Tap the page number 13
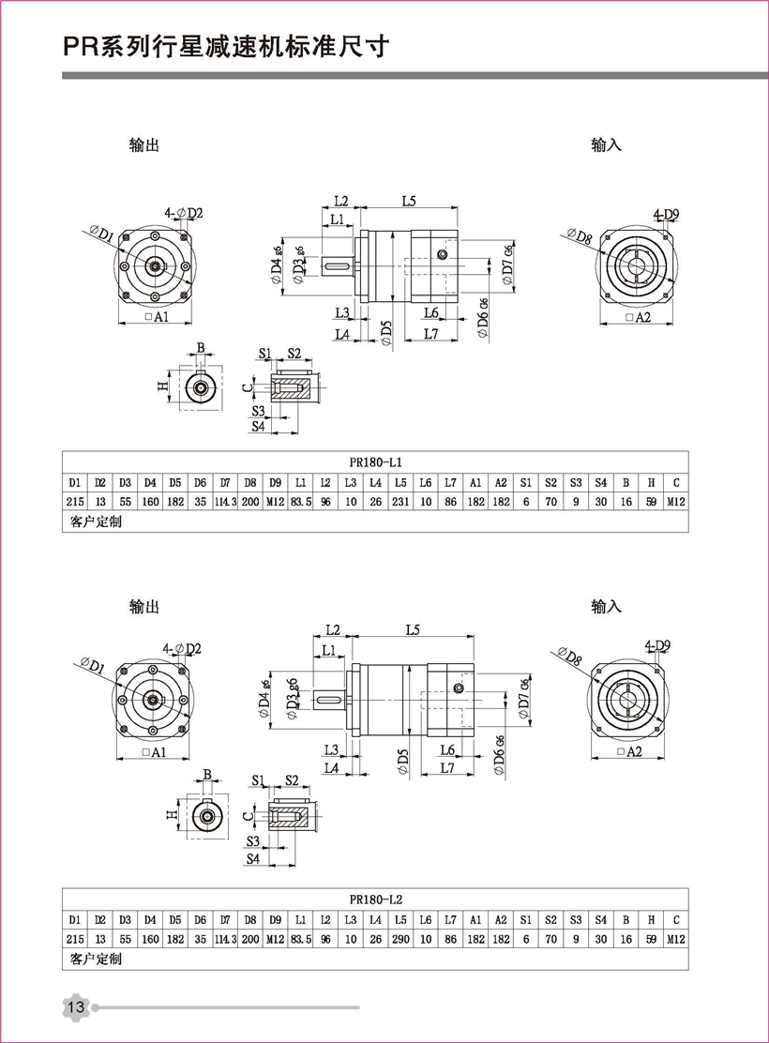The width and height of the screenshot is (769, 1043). (x=75, y=1007)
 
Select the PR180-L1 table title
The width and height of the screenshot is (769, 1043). (x=375, y=461)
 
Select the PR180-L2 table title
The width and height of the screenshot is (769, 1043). (x=375, y=898)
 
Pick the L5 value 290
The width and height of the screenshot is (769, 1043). (x=400, y=939)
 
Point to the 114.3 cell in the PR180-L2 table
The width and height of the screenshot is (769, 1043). (x=225, y=939)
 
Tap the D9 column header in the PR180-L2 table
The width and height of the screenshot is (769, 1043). (x=275, y=919)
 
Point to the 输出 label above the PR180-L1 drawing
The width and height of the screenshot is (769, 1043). (x=144, y=145)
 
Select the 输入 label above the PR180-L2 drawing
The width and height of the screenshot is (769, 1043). (x=606, y=606)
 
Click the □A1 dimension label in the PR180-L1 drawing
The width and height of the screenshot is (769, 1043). (x=157, y=318)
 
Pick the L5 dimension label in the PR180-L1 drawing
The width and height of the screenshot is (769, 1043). (x=409, y=200)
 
